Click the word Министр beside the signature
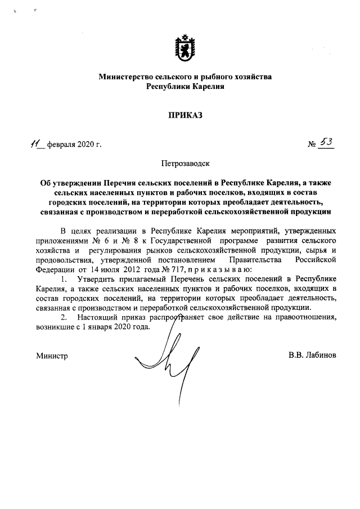52,356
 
